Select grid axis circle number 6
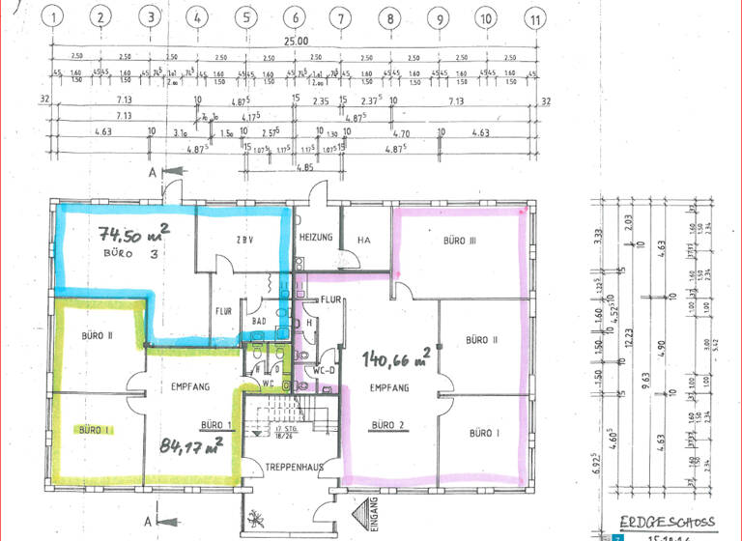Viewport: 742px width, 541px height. point(295,16)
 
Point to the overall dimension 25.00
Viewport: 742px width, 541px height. point(295,42)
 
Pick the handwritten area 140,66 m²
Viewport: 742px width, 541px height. point(396,359)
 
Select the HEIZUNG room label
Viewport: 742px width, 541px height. point(317,238)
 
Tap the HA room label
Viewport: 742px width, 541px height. point(364,240)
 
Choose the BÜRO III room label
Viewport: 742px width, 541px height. point(463,240)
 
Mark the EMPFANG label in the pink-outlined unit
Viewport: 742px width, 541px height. point(389,387)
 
